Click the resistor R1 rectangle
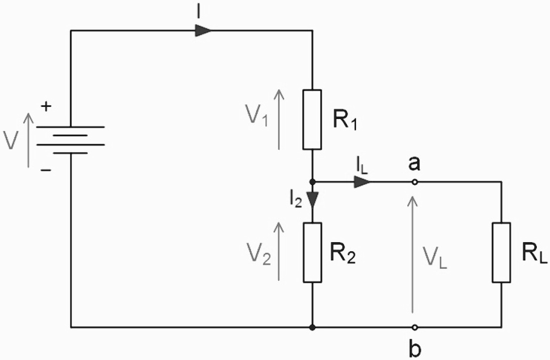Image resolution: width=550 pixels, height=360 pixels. click(x=312, y=120)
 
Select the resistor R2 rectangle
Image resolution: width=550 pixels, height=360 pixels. click(x=312, y=252)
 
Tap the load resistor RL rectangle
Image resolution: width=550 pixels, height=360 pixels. click(x=502, y=252)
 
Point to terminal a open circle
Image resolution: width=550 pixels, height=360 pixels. click(x=415, y=181)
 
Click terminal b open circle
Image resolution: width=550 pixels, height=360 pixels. click(x=415, y=327)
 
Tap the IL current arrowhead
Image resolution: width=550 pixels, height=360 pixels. click(x=362, y=181)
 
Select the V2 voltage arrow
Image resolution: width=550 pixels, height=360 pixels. click(x=279, y=251)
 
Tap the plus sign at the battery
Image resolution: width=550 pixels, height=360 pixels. click(x=46, y=107)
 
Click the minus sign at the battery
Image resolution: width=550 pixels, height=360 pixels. click(x=46, y=171)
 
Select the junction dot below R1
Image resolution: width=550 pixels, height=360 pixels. click(x=312, y=181)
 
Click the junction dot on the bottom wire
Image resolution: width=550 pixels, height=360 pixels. click(x=312, y=327)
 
